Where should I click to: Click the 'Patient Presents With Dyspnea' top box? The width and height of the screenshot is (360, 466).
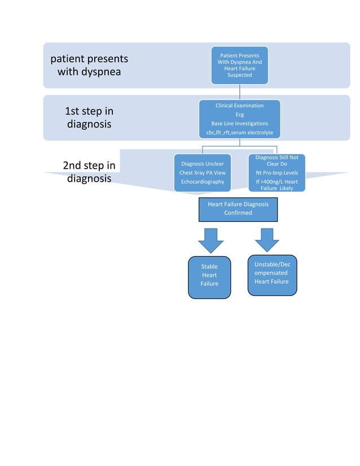(239, 65)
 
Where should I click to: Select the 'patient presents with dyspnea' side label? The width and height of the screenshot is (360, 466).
(89, 65)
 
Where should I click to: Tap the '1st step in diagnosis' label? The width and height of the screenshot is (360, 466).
(89, 117)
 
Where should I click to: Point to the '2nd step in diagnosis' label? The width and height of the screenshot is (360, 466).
(89, 172)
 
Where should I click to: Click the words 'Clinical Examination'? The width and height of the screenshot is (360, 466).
(239, 105)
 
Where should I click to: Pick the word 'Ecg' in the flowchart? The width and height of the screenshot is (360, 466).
(239, 115)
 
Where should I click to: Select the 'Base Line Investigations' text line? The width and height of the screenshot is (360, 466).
(239, 124)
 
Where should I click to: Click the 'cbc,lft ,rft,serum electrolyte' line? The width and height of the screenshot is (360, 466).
(239, 133)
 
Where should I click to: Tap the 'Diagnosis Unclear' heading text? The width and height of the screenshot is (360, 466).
(202, 164)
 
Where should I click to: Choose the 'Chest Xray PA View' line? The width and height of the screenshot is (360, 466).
(202, 173)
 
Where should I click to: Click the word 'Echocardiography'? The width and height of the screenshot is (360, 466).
(202, 182)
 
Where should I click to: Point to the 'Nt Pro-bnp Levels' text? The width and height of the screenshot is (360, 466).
(276, 173)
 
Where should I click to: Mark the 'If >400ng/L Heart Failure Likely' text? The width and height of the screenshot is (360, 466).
(276, 185)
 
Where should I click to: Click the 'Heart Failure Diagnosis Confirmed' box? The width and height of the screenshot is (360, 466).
(238, 208)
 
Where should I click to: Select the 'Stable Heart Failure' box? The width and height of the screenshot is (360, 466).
(209, 276)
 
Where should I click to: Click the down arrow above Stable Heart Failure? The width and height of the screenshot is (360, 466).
(210, 240)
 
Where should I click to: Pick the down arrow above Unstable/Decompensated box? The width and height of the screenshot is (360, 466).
(267, 239)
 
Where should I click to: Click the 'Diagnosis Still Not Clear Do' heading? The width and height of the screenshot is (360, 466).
(276, 161)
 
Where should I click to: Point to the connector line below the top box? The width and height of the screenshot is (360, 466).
(239, 92)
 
